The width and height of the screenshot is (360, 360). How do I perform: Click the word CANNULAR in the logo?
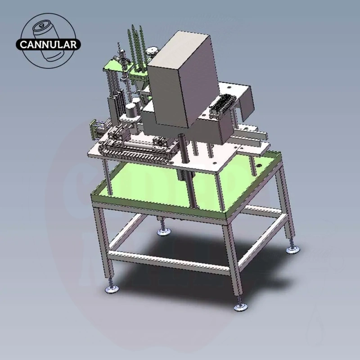[x=48, y=45]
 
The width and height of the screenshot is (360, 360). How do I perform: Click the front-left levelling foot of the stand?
[x=112, y=288]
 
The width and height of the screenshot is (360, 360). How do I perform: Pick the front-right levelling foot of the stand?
[x=241, y=306]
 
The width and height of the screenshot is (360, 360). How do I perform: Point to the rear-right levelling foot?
[x=293, y=249]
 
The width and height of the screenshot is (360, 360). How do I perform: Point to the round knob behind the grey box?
[x=152, y=52]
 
